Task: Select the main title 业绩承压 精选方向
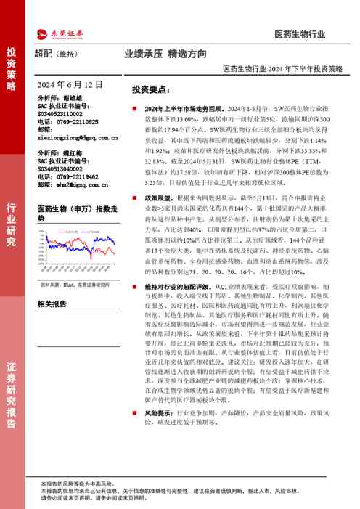[165, 54]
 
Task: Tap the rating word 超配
[44, 54]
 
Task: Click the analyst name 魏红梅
[74, 153]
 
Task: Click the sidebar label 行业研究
[11, 225]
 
